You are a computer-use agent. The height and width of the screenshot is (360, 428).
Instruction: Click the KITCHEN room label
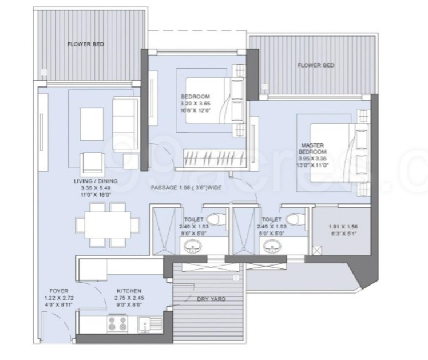click(129, 291)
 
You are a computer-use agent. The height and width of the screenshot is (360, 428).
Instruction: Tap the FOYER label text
click(59, 291)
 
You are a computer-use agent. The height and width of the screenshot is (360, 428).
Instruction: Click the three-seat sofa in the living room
click(124, 116)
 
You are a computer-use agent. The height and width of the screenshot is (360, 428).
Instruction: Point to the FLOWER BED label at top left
click(85, 44)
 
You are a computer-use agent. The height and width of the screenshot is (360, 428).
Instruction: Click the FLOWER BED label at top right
click(316, 65)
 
